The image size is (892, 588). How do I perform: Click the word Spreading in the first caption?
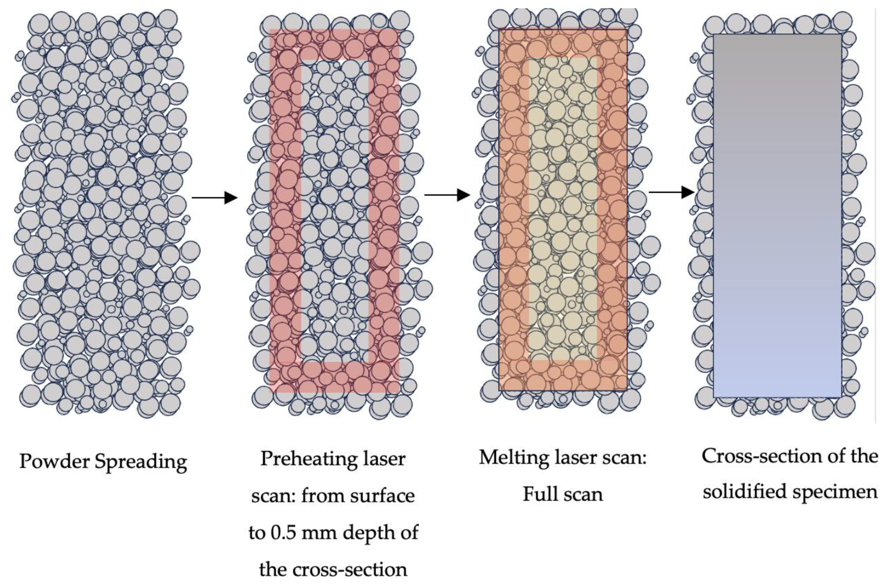[x=141, y=462]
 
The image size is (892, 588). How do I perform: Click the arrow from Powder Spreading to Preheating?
[x=214, y=197]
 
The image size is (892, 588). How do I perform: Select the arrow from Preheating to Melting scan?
[x=447, y=195]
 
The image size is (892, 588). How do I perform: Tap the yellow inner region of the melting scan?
[x=562, y=210]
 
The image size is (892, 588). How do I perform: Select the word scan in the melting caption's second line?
[x=583, y=494]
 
